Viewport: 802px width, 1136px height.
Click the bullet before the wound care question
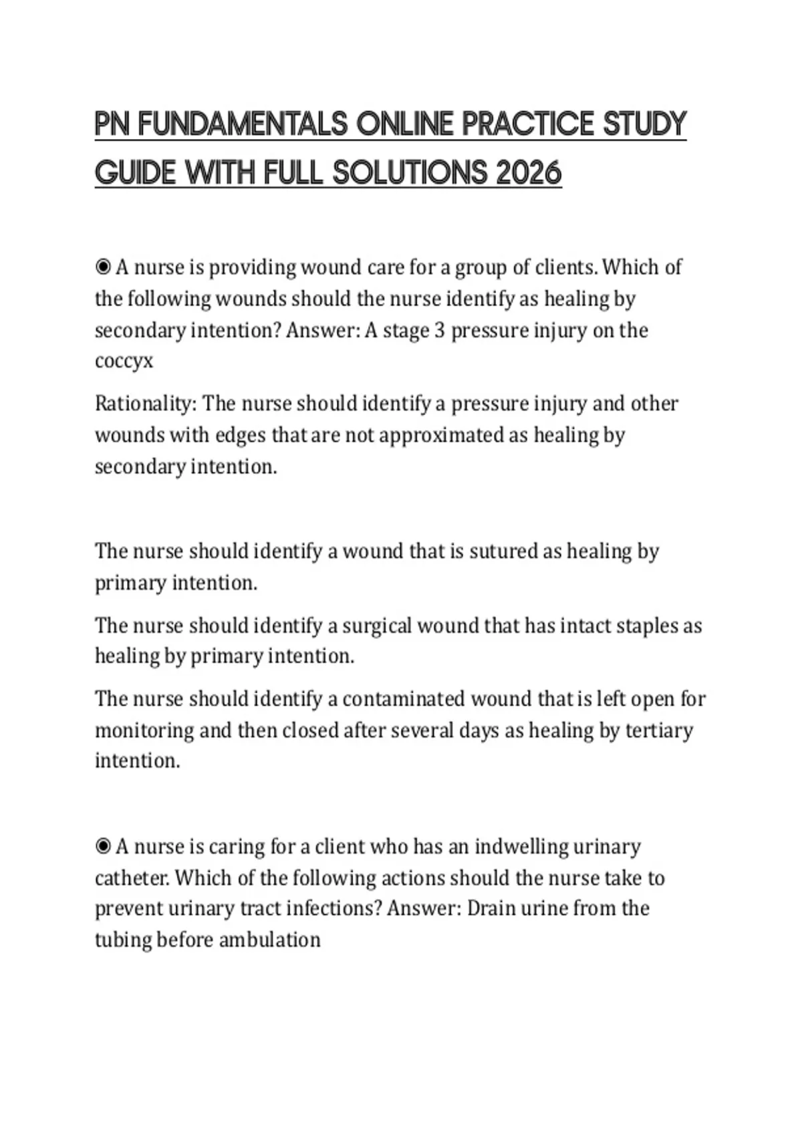pos(103,267)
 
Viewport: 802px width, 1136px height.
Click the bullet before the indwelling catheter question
pos(103,847)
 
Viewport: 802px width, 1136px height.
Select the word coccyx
pos(124,362)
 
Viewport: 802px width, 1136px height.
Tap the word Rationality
pos(145,404)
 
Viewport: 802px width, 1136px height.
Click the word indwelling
pos(522,847)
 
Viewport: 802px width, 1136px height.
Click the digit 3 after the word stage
pos(439,330)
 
